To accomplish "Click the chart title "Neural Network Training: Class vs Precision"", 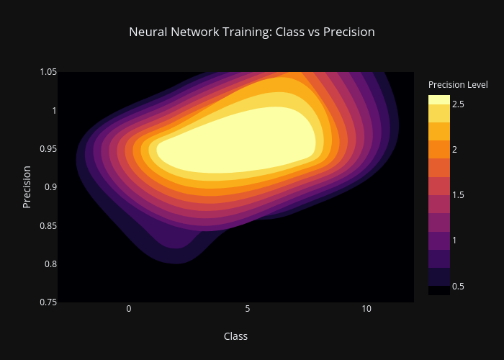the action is click(252, 32).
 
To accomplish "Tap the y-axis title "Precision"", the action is click(27, 187).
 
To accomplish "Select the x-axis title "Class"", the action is click(235, 336).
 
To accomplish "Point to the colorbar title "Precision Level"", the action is click(458, 84).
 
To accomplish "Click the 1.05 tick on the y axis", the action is click(48, 72).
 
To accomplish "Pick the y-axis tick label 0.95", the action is click(48, 149).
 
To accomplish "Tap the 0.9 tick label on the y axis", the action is click(50, 187).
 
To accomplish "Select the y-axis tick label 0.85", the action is click(48, 225).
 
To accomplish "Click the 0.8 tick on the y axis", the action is click(50, 264).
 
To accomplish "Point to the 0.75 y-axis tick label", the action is click(48, 302).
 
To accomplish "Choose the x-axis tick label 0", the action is click(129, 309).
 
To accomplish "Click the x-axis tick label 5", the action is click(248, 309).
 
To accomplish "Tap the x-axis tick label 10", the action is click(366, 309).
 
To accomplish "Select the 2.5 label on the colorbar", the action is click(458, 104).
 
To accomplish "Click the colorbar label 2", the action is click(454, 150).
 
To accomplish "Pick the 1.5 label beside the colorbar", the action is click(458, 195).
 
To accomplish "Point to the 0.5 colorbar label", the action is click(458, 286).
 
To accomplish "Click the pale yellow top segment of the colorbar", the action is click(439, 99).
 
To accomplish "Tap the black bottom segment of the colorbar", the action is click(439, 291).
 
